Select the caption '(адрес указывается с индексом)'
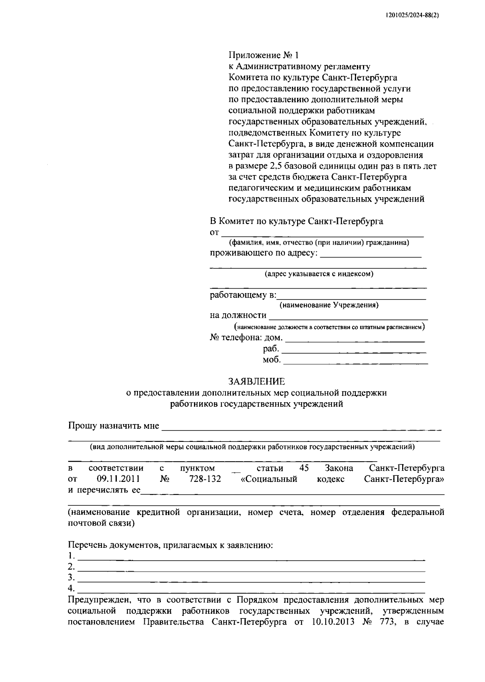(319, 274)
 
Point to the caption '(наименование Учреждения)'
(329, 305)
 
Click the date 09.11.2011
(118, 479)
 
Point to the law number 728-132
(205, 479)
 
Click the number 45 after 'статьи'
(304, 468)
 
